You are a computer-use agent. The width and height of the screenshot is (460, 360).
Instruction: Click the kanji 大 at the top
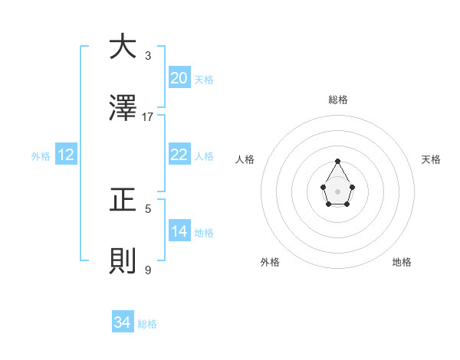pos(123,47)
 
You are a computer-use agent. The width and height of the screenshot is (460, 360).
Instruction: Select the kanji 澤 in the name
pos(123,108)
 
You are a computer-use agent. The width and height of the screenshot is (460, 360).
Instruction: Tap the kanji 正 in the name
pos(123,200)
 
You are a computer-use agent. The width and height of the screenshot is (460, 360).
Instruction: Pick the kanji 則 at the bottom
pos(123,261)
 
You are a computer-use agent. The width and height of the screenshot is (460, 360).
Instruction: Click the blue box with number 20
pos(179,78)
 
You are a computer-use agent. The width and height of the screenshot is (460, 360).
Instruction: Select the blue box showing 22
pos(179,155)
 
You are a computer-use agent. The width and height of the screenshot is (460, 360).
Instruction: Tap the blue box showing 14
pos(179,231)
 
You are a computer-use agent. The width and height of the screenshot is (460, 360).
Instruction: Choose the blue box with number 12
pos(66,155)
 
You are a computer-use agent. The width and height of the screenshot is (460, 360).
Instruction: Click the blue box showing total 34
pos(123,322)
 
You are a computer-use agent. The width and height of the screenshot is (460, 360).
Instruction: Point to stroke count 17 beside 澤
pos(148,116)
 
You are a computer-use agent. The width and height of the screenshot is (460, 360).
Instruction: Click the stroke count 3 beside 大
pos(148,55)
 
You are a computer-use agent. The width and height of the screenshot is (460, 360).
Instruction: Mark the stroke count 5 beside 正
pos(148,208)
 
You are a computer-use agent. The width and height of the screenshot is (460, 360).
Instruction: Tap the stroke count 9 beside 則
pos(148,270)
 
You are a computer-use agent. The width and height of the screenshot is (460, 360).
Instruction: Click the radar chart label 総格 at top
pos(338,100)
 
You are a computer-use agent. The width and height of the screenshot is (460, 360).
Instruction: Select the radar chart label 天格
pos(431,159)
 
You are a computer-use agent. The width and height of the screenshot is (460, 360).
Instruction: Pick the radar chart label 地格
pos(402,262)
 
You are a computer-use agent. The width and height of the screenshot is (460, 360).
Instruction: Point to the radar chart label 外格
pos(270,262)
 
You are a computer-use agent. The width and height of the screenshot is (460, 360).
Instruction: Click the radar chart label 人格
pos(245,159)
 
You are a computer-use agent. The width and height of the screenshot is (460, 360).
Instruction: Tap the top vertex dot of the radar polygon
pos(338,161)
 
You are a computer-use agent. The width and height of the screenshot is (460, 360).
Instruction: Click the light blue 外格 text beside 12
pos(41,155)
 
